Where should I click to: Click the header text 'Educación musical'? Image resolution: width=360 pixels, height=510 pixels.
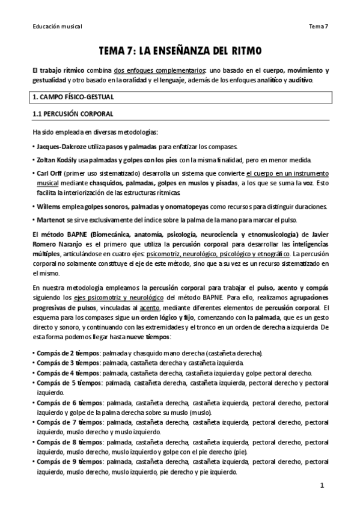point(56,26)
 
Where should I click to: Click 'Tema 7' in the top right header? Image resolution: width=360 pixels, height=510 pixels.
point(318,26)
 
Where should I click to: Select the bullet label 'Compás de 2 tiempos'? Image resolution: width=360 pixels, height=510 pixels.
point(67,354)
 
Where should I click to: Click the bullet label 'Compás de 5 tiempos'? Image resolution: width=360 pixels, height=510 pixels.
point(68,382)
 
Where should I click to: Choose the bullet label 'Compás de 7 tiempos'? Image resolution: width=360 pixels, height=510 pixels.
point(68,422)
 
